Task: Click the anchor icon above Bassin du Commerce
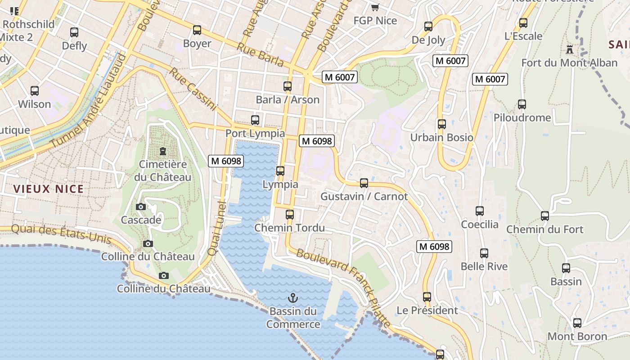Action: [293, 298]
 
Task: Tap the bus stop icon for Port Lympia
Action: [255, 120]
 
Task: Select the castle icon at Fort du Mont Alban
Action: [570, 49]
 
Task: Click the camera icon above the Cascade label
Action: [141, 207]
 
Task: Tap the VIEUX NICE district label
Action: [49, 189]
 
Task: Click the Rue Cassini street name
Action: [193, 90]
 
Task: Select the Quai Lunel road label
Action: [216, 229]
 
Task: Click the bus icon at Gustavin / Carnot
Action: [364, 183]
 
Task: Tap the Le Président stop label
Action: [427, 310]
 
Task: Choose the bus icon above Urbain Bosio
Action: [442, 124]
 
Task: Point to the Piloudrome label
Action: [522, 118]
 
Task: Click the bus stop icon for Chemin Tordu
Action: [290, 215]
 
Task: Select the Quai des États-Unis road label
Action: [61, 234]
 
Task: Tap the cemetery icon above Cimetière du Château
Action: [162, 151]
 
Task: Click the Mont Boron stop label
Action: [577, 337]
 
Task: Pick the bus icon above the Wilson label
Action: [35, 91]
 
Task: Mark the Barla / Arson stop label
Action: [288, 100]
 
